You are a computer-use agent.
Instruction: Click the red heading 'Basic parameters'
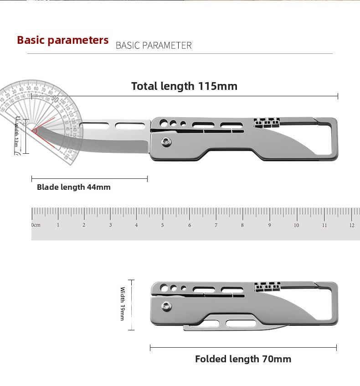pos(63,40)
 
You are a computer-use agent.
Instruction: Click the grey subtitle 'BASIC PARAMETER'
pos(154,45)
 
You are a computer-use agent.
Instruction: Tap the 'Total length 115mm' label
pos(184,86)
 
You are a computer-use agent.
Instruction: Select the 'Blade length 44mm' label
pos(74,187)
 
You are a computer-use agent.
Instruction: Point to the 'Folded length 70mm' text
pos(243,359)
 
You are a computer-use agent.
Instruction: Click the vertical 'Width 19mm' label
pos(122,304)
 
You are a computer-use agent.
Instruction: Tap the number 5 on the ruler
pos(163,225)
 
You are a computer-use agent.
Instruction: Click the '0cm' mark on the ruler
pos(36,225)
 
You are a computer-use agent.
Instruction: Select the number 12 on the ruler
pos(351,225)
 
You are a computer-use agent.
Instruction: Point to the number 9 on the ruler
pos(269,225)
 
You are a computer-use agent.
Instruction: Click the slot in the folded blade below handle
pos(236,323)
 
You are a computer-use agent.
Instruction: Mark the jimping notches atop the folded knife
pos(267,287)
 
